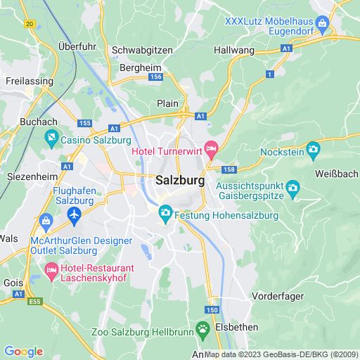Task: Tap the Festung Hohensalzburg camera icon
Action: point(165,212)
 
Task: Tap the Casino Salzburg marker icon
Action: point(53,139)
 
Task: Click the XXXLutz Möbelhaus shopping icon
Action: point(323,25)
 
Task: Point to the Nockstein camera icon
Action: point(313,148)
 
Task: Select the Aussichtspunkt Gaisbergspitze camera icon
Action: point(293,188)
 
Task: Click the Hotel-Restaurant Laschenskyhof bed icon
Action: point(52,269)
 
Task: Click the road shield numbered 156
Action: point(156,77)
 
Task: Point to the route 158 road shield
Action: point(229,169)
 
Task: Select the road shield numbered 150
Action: point(212,309)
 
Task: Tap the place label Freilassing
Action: point(30,81)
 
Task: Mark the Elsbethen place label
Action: point(238,327)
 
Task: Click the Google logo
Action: point(23,351)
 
